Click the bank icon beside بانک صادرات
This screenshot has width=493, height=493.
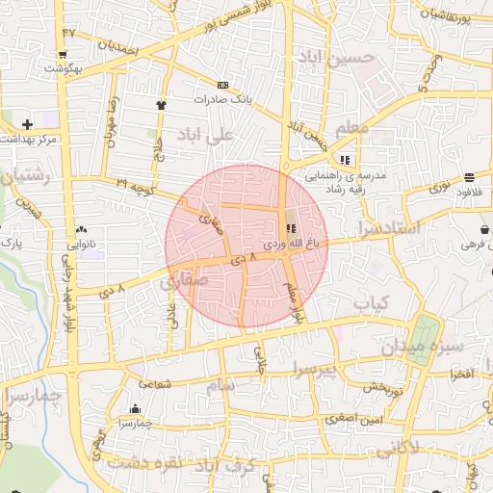(x=224, y=85)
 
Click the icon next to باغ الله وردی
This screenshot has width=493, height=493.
(x=290, y=228)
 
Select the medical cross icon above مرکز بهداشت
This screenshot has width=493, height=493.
(x=27, y=124)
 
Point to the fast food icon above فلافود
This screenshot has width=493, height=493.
(x=469, y=177)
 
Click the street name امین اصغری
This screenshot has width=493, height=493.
(x=354, y=419)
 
